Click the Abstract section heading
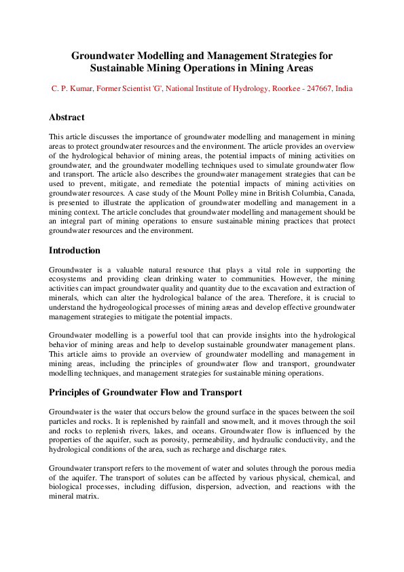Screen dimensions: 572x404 [x=67, y=118]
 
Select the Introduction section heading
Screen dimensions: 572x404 [x=75, y=251]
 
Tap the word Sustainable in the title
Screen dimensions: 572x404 [x=125, y=68]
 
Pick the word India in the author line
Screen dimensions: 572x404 [x=344, y=89]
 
